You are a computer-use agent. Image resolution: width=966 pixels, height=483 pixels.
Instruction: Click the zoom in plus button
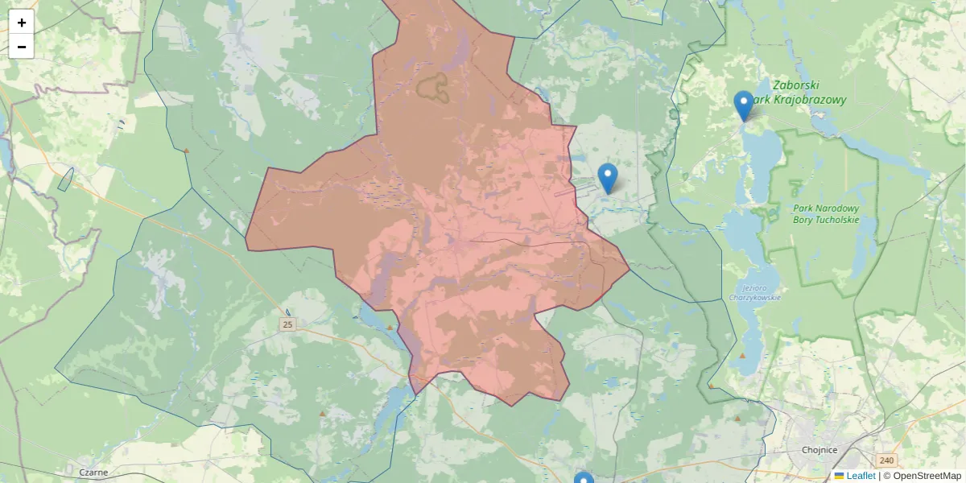click(22, 23)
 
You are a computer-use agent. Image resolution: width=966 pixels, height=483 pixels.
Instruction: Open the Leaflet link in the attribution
click(861, 476)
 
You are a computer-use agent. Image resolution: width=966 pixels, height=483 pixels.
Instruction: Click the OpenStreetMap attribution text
click(927, 476)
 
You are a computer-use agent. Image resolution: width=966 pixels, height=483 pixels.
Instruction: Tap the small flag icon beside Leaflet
click(839, 476)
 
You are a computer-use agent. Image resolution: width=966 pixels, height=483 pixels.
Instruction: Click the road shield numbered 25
click(288, 324)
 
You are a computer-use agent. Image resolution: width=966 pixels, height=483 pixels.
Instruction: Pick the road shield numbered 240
click(886, 460)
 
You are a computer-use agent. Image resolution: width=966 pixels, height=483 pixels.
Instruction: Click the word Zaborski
click(795, 85)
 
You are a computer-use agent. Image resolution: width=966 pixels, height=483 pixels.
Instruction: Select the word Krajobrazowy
click(808, 100)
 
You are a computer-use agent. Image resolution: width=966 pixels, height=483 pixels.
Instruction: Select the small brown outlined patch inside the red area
click(435, 86)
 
